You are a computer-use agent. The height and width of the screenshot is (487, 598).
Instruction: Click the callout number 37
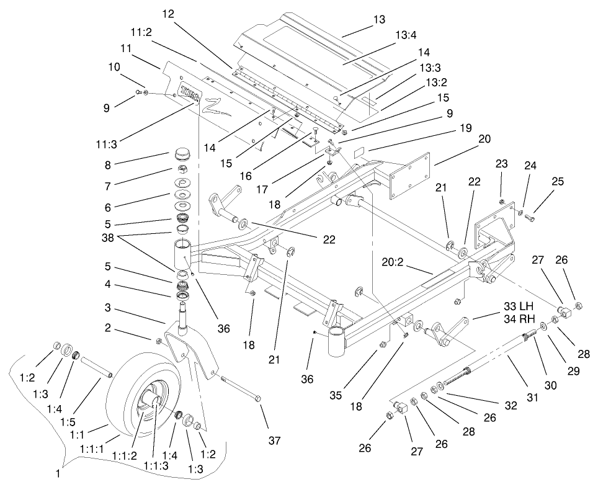(274, 441)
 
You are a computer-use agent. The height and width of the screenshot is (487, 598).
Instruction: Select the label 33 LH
(519, 306)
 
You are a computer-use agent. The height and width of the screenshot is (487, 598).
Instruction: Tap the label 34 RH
(519, 318)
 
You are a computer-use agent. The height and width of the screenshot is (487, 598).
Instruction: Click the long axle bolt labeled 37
(241, 389)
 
